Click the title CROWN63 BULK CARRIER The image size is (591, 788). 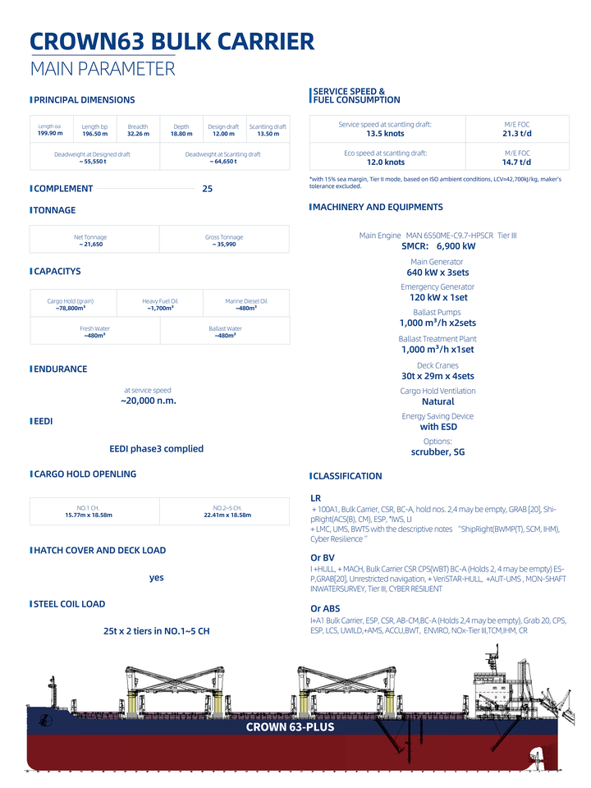point(172,43)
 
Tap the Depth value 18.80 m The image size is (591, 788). point(181,134)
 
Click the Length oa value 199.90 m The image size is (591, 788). point(49,133)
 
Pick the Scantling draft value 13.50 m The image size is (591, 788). point(268,134)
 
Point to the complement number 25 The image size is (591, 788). point(208,189)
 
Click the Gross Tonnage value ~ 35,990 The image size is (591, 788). point(224,245)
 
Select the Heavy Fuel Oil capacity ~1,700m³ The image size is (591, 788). point(160,309)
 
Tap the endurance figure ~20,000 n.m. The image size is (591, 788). point(149,401)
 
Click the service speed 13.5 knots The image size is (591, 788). point(385,134)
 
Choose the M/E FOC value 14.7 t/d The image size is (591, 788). point(517,163)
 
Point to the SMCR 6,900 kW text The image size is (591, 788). point(438,246)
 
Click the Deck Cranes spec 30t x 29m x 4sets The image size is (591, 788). point(438,376)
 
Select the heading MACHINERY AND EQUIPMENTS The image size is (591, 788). point(378,208)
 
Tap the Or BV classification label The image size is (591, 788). point(323,558)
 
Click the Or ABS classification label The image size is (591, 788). point(325,609)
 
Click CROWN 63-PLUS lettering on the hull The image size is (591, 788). point(290,727)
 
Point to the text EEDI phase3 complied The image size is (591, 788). point(156,449)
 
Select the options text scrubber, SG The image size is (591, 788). point(438,452)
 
